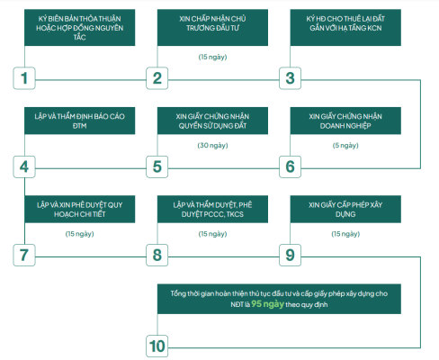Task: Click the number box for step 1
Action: click(x=24, y=78)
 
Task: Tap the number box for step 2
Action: click(x=157, y=78)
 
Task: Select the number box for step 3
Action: click(x=290, y=78)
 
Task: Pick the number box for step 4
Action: click(x=24, y=166)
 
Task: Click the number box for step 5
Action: click(x=157, y=166)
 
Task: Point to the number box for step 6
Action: click(x=290, y=166)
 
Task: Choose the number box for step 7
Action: click(x=24, y=255)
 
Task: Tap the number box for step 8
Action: click(x=157, y=255)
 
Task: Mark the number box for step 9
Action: click(x=290, y=255)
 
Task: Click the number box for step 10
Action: click(x=157, y=346)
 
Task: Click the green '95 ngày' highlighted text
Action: click(x=267, y=304)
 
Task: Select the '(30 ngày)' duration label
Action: click(x=212, y=146)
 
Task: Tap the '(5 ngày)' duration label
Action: click(x=345, y=146)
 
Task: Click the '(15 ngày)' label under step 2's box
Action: click(x=212, y=57)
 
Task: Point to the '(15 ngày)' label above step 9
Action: click(x=345, y=234)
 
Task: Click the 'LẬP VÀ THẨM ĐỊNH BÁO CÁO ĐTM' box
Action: click(x=80, y=121)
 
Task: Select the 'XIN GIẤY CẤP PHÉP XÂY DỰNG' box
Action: click(x=345, y=209)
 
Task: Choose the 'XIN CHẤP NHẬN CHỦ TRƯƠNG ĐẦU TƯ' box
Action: click(x=212, y=28)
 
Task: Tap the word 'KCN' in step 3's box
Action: click(x=374, y=28)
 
